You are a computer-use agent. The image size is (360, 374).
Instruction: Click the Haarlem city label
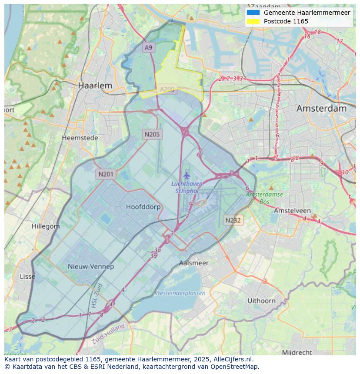pos(95,86)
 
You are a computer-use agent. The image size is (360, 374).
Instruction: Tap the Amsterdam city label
pos(321,109)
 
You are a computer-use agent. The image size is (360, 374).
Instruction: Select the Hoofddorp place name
pos(143,207)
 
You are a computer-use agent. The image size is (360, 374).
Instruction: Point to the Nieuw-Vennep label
pos(91,267)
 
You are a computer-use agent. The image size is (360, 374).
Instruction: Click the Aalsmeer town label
pos(193,263)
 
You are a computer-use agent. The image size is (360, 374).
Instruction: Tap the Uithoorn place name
pos(261,301)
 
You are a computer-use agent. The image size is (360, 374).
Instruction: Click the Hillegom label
pos(46,226)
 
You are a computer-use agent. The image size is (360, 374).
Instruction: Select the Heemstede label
pos(80,138)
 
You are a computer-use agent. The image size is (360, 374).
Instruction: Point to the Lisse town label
pos(27,277)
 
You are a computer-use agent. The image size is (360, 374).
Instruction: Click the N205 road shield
pos(152,134)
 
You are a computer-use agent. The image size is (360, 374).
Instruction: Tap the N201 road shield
pos(106,174)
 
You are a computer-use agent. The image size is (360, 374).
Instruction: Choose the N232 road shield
pos(233,220)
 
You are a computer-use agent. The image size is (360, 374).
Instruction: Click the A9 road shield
pos(149,47)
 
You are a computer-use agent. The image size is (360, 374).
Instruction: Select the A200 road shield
pos(167,89)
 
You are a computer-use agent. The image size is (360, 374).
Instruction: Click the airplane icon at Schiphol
pos(187,175)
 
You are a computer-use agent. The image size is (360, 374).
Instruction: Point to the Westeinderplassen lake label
pos(180,293)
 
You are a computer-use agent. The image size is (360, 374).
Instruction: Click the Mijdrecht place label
pos(297,352)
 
